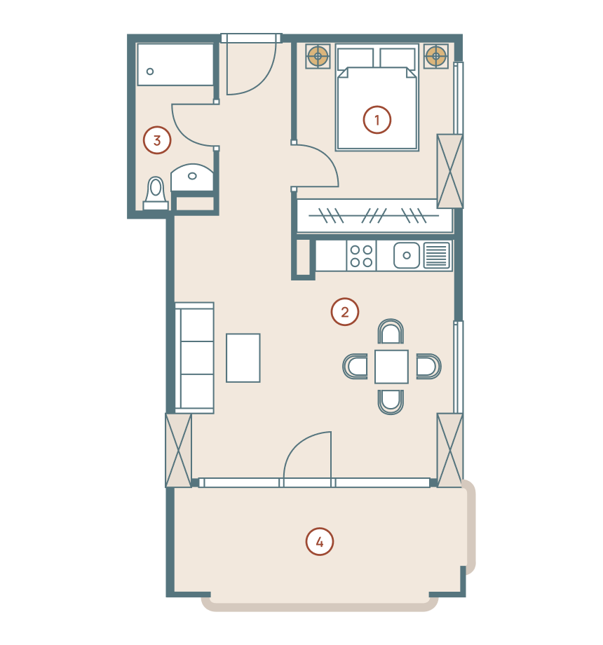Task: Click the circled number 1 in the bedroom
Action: (x=377, y=120)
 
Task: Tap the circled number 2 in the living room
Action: (x=345, y=312)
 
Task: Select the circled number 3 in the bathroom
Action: (x=157, y=140)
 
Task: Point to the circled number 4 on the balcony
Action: (x=320, y=542)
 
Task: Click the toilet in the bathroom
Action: (x=156, y=193)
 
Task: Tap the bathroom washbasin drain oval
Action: (x=192, y=176)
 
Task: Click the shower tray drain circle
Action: (x=150, y=72)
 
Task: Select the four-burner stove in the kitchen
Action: (x=361, y=256)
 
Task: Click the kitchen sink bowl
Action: (x=407, y=255)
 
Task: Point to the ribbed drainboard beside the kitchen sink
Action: (x=436, y=255)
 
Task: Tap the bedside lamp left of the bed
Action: (x=318, y=56)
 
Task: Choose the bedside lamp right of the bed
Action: (x=436, y=56)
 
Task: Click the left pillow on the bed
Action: (x=355, y=58)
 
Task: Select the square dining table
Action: (x=391, y=367)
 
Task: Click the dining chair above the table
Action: (x=391, y=331)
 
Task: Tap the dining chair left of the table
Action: (x=355, y=366)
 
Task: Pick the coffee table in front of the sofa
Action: (x=243, y=358)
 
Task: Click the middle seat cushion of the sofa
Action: (x=197, y=358)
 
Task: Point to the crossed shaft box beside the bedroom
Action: (x=449, y=171)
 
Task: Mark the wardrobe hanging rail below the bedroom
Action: (x=374, y=215)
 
